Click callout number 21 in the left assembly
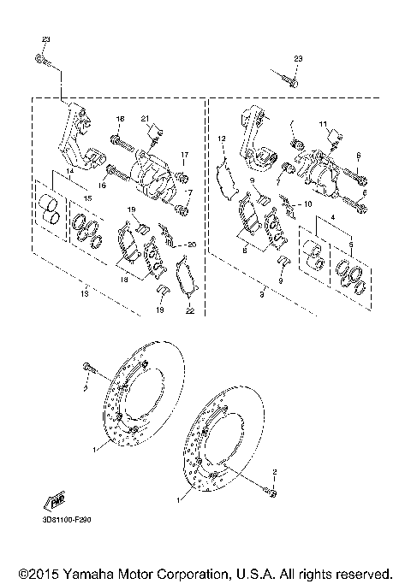pyautogui.click(x=145, y=118)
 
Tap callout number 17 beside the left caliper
pyautogui.click(x=182, y=154)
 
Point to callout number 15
pyautogui.click(x=86, y=198)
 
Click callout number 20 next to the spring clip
pyautogui.click(x=192, y=245)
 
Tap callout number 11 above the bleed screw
pyautogui.click(x=324, y=125)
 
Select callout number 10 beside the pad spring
pyautogui.click(x=308, y=205)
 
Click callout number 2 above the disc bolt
pyautogui.click(x=273, y=471)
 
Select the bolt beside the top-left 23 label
pyautogui.click(x=43, y=59)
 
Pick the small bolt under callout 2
pyautogui.click(x=272, y=491)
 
